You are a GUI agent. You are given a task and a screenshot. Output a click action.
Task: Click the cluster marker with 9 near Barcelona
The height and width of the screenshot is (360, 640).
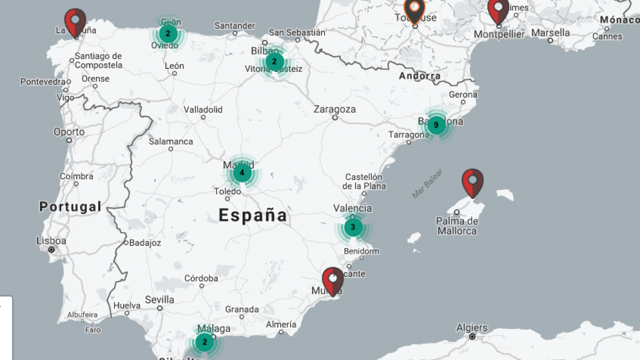(436, 125)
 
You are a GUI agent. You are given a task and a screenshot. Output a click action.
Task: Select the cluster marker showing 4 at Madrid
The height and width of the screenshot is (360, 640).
(242, 173)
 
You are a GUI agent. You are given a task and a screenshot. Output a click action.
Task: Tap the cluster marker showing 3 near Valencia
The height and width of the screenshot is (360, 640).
(353, 228)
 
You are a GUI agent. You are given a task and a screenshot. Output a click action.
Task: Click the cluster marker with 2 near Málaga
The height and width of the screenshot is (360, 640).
(204, 342)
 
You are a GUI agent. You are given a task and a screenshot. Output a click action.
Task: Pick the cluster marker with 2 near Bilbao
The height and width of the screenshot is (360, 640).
(274, 62)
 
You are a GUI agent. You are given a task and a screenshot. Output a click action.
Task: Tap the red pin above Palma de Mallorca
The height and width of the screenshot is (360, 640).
(473, 182)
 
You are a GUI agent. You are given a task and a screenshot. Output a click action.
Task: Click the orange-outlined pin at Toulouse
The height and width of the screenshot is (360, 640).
(414, 10)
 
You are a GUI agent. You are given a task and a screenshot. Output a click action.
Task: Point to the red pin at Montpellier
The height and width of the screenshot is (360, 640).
(499, 11)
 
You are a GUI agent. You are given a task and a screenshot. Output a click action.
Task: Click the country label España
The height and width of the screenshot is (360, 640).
(253, 215)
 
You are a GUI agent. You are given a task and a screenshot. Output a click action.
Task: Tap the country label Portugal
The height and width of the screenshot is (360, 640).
(70, 207)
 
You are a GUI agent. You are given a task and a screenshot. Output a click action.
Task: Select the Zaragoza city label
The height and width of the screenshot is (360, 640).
(334, 109)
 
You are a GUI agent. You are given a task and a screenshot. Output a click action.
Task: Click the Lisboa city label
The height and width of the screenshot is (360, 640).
(51, 241)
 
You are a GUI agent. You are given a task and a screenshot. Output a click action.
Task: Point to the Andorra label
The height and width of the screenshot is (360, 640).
(420, 76)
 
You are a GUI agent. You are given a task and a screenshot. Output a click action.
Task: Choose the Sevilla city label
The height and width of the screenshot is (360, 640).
(159, 299)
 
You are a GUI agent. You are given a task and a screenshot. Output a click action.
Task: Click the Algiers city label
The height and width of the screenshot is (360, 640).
(472, 328)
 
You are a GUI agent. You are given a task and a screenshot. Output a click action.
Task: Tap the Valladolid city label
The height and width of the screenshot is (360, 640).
(203, 109)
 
